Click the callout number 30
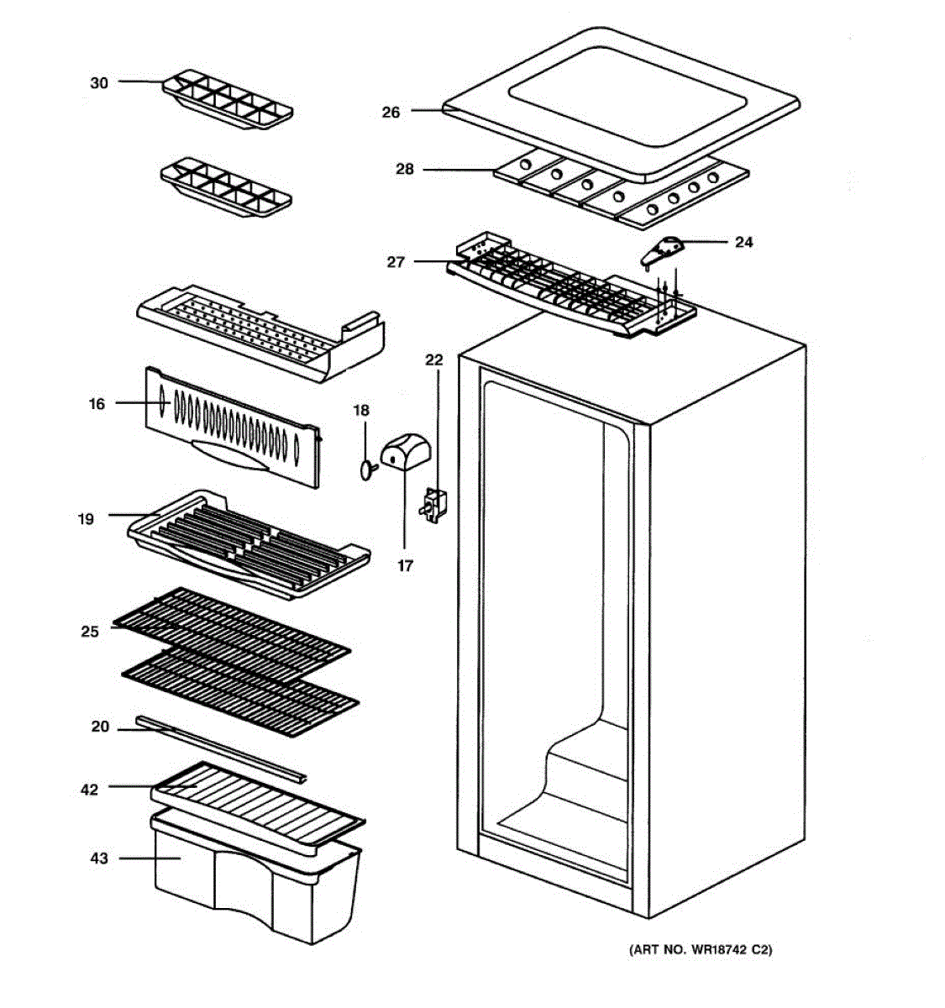coord(99,83)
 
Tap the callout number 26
coord(391,112)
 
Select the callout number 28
coord(405,170)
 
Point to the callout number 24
coord(743,243)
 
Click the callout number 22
coord(433,360)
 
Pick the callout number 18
coord(360,411)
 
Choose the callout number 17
coord(405,566)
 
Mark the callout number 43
coord(99,858)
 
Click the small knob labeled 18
coord(366,470)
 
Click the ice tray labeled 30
coord(227,99)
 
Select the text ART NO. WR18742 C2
coord(701,950)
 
